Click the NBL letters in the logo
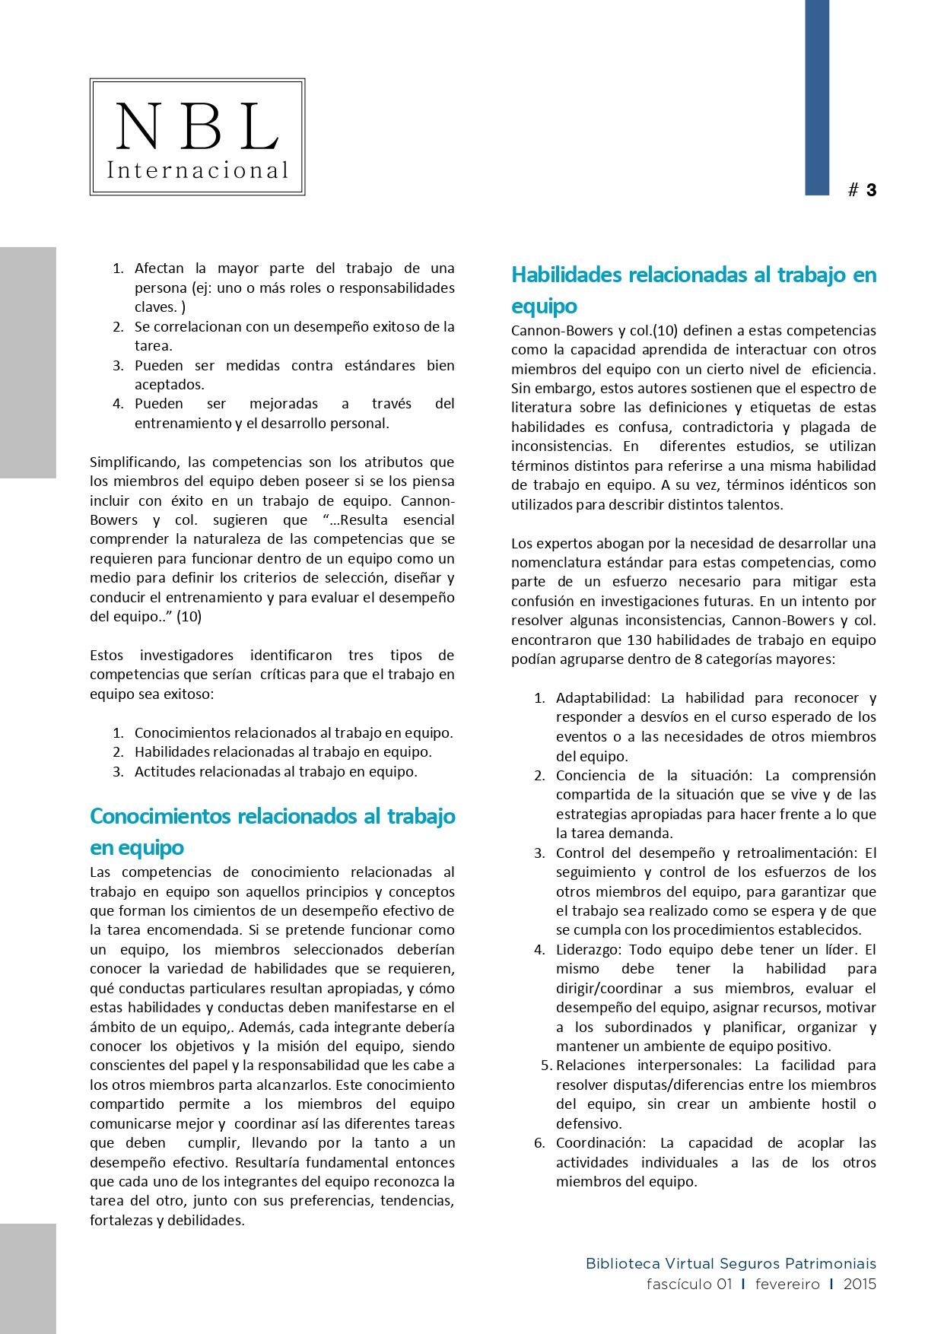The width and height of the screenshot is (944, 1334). [197, 126]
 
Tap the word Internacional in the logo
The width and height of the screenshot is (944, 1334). [198, 170]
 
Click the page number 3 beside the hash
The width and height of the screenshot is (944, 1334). [871, 190]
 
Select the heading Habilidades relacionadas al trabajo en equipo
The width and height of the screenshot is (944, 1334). [693, 290]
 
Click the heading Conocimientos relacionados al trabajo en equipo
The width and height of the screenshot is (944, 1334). [272, 831]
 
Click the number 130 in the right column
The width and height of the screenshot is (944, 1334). [639, 640]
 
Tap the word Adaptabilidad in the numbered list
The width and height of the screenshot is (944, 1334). [602, 697]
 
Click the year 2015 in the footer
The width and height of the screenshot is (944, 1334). [860, 1284]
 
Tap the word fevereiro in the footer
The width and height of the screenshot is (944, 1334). [787, 1284]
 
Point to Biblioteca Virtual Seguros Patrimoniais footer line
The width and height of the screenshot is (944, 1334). [730, 1263]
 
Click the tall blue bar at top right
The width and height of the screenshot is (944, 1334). [817, 97]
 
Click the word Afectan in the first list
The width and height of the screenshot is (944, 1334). [159, 268]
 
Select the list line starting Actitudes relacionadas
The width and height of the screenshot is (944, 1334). [275, 771]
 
